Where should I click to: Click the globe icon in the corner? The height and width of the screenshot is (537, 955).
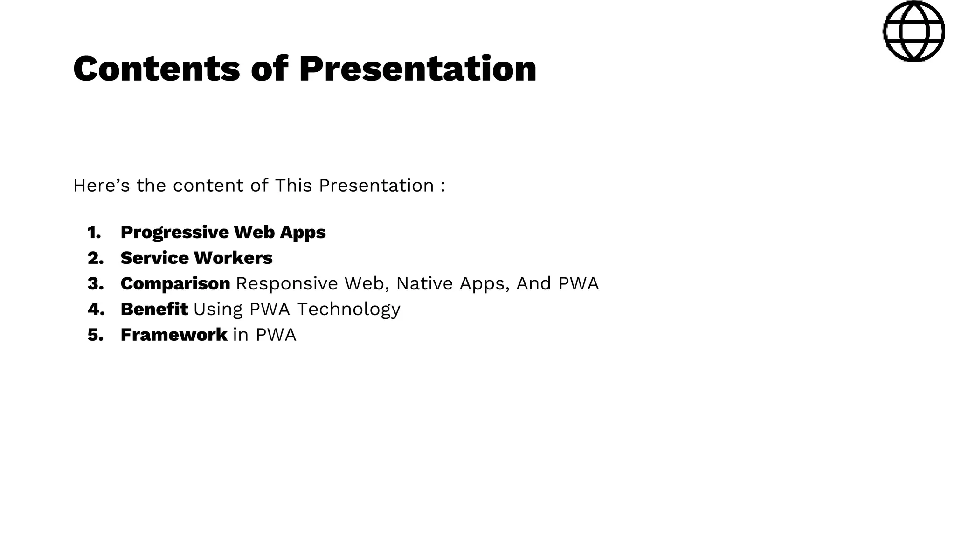(913, 31)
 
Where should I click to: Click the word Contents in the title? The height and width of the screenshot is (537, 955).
(156, 69)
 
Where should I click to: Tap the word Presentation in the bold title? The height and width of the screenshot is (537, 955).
(417, 69)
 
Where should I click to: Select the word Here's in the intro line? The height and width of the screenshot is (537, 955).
(101, 186)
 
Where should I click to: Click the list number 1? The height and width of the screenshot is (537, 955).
(94, 232)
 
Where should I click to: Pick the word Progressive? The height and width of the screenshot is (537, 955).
(174, 233)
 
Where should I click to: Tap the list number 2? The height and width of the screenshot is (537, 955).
(95, 258)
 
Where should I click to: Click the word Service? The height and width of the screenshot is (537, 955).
(154, 258)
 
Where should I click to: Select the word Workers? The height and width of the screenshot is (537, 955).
(233, 258)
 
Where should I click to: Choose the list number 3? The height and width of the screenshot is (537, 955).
(95, 283)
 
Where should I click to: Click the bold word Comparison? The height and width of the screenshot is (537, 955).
(175, 284)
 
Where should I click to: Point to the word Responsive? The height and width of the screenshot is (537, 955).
(287, 283)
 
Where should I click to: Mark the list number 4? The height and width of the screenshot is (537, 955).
(96, 309)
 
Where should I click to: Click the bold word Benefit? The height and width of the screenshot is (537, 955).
(154, 309)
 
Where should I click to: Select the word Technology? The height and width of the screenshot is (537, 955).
(348, 310)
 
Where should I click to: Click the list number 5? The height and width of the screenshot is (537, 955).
(95, 335)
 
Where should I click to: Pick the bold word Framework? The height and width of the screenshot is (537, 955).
(173, 335)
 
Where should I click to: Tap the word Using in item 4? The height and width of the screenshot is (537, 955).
(218, 310)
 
